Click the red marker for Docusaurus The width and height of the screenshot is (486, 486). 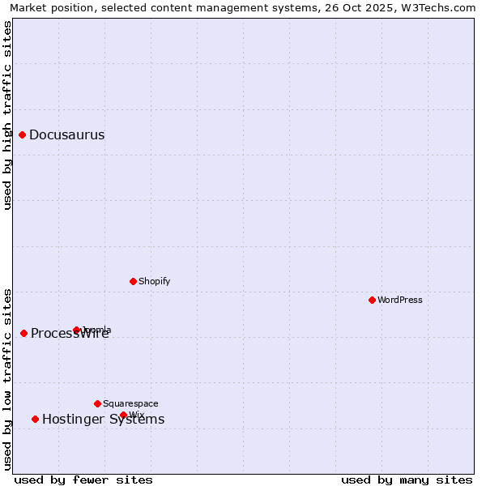tap(23, 134)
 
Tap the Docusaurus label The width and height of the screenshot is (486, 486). tap(66, 135)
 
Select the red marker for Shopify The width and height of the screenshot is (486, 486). tap(134, 281)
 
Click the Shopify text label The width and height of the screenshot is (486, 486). tap(154, 282)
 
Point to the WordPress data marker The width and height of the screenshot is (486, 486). tap(373, 300)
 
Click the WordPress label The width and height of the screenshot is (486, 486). tap(400, 301)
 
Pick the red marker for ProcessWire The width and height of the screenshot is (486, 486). tap(24, 333)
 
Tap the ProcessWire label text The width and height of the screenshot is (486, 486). tap(70, 334)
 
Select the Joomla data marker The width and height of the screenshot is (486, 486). tap(77, 330)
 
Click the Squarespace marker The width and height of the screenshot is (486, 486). tap(98, 403)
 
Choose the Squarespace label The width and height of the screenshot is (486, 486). tap(130, 404)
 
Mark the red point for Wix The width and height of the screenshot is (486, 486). tap(124, 415)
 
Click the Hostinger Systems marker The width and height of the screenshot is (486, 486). tap(36, 419)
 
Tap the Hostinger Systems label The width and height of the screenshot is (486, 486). tap(103, 420)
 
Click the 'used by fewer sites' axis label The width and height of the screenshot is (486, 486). tap(83, 480)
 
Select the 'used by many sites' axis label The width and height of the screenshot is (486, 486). tap(407, 480)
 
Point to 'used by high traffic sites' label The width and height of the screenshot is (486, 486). tap(8, 115)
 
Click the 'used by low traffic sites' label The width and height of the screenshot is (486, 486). tap(8, 379)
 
